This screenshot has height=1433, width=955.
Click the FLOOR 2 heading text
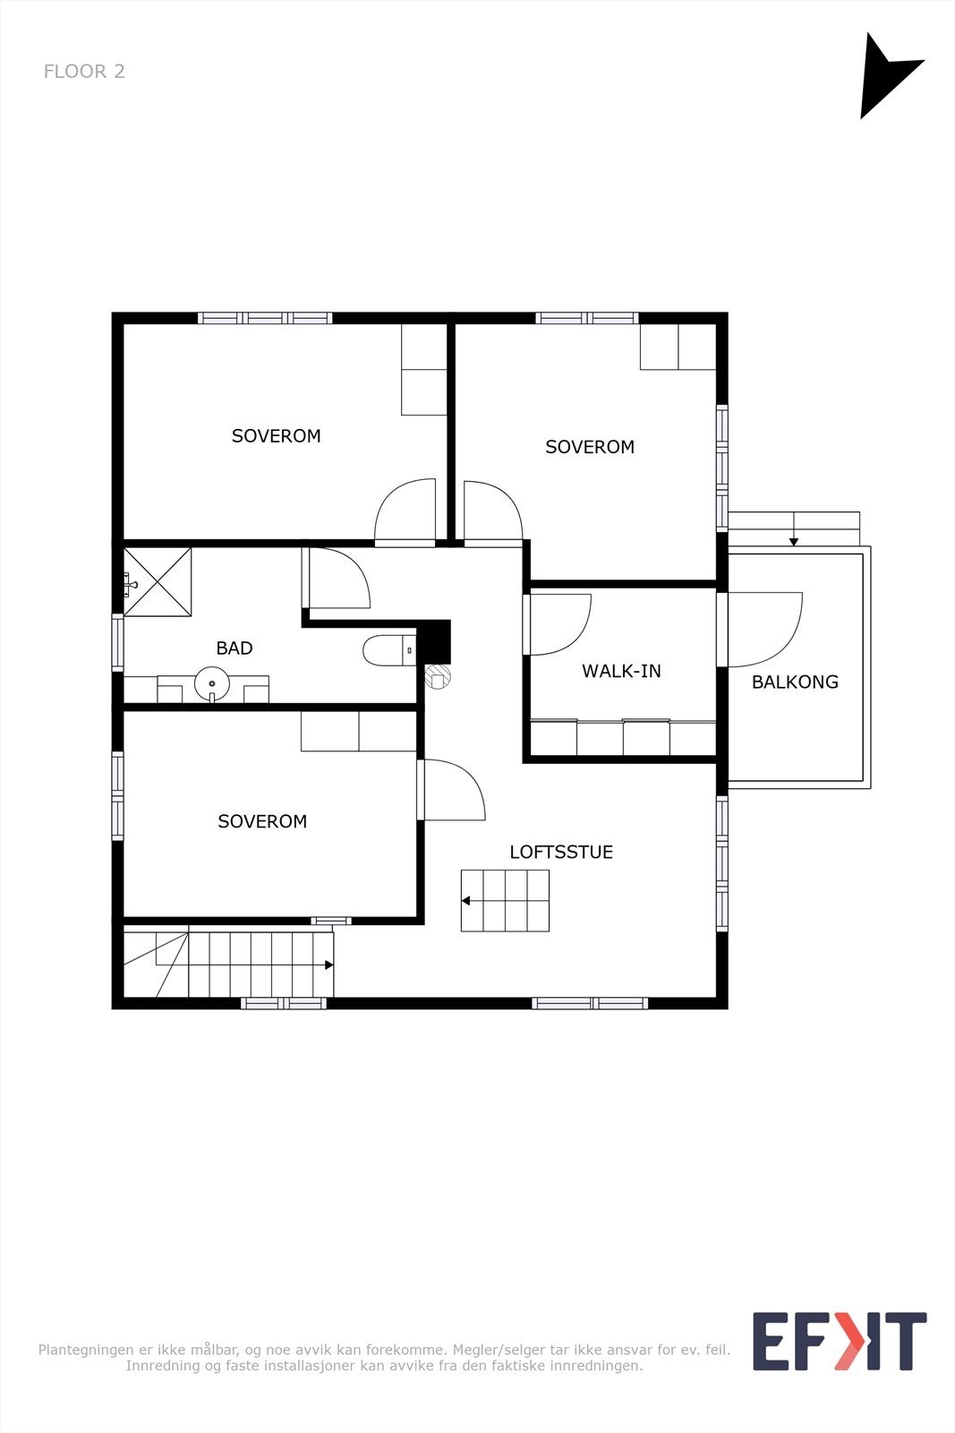coord(84,71)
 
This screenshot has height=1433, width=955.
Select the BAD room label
coord(234,648)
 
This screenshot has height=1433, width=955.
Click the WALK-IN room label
coord(621,671)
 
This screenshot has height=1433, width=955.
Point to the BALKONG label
coord(795,682)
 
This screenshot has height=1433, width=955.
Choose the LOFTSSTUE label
coord(561,852)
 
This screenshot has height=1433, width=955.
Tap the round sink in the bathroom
coord(211,684)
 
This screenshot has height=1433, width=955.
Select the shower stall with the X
coord(158,582)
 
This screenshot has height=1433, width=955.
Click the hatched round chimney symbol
coord(439,677)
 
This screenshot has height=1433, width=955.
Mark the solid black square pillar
coord(434,642)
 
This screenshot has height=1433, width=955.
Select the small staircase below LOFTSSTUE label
coord(505,901)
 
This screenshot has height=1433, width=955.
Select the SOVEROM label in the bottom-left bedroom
coord(262,821)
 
